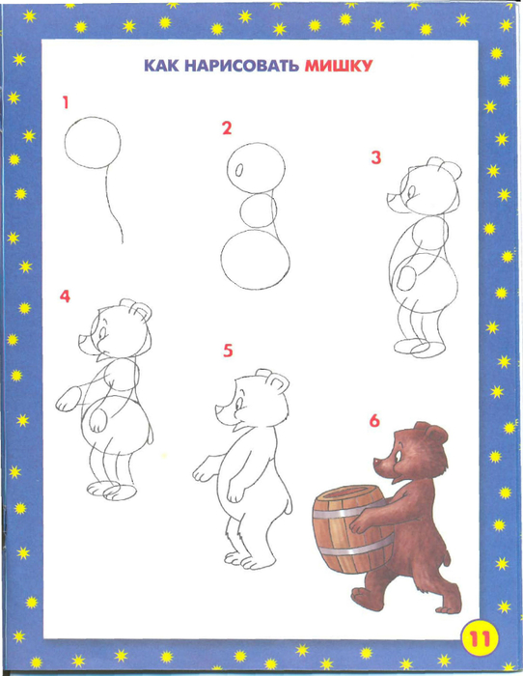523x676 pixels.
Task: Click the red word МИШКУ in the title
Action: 338,66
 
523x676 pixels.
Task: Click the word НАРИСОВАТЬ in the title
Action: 241,66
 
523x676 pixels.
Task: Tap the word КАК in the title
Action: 161,66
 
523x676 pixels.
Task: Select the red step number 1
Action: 66,102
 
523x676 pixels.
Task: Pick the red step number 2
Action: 227,128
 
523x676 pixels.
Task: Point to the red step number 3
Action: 376,157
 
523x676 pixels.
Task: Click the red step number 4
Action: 65,296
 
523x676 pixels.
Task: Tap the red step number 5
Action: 228,351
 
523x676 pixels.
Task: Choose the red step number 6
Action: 374,421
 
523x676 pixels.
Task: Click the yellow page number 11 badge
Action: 479,638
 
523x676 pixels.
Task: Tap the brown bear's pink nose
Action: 378,462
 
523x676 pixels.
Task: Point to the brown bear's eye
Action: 397,456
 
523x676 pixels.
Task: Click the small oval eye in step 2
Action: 239,170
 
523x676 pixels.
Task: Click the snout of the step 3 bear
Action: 396,202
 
